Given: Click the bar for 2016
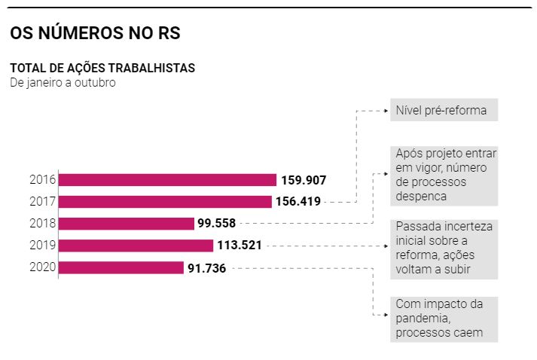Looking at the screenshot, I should tap(167, 180).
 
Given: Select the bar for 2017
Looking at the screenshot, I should tap(165, 202).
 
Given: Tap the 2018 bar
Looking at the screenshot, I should tap(127, 224).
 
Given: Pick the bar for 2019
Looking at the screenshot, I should tap(136, 246).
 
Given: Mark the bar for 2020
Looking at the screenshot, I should tap(121, 267).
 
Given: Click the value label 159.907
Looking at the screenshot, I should tap(304, 180).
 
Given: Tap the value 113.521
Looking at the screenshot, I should tap(240, 246).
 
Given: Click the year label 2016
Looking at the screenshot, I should tap(42, 180).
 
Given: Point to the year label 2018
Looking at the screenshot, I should tap(42, 224).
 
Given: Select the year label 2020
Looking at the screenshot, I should tap(42, 267).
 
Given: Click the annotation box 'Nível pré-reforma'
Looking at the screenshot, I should tap(444, 110).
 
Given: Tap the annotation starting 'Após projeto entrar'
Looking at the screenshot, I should tap(444, 175).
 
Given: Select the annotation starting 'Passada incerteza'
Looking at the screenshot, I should tap(444, 249).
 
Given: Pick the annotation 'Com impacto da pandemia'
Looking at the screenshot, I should tap(444, 319).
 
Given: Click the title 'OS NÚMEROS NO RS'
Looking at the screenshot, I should tap(94, 33).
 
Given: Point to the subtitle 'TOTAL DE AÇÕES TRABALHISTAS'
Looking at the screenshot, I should tap(102, 68).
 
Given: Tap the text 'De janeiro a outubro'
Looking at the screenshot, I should tap(63, 82).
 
